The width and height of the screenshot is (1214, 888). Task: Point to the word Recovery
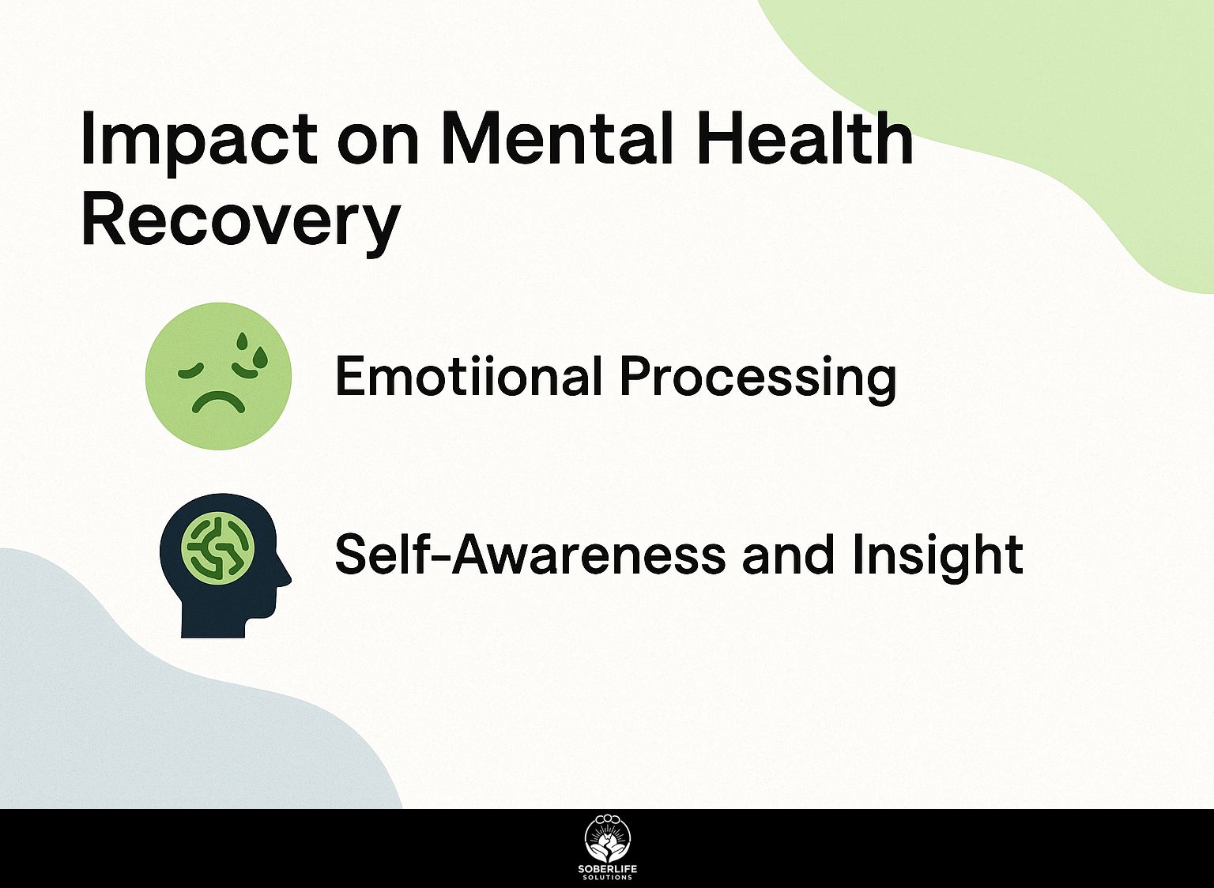coord(240,224)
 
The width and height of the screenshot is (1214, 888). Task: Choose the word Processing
coord(758,380)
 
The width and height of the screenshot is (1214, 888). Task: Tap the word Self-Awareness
coord(530,554)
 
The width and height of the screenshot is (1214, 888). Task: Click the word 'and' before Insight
coord(787,555)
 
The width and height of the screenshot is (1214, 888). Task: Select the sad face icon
coord(218,376)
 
